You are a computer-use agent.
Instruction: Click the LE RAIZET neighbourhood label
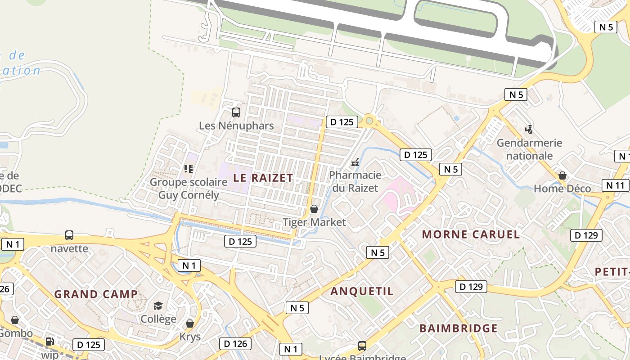[x=263, y=178]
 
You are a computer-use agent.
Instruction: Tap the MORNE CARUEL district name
[x=471, y=234]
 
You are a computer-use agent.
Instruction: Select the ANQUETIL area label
[x=362, y=291]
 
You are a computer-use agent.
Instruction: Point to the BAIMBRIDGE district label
[x=459, y=328]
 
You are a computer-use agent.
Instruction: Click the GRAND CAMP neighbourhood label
[x=96, y=294]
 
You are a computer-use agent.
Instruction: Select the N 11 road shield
[x=615, y=185]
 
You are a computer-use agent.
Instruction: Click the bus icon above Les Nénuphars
[x=236, y=112]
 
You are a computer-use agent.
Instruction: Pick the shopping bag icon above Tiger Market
[x=314, y=209]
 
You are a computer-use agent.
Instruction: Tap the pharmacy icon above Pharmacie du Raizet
[x=355, y=162]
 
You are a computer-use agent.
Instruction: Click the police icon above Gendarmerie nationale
[x=529, y=130]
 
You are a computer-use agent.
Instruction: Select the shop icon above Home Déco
[x=562, y=175]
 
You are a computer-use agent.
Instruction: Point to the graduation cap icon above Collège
[x=158, y=306]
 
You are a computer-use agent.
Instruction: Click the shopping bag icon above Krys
[x=190, y=324]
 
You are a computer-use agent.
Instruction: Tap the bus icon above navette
[x=69, y=235]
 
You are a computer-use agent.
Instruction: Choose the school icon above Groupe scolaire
[x=188, y=169]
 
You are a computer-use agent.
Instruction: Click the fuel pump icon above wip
[x=49, y=342]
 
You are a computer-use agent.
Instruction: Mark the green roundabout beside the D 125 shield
[x=369, y=120]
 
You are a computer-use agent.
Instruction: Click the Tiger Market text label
[x=314, y=222]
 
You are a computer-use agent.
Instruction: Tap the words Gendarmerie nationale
[x=529, y=149]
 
